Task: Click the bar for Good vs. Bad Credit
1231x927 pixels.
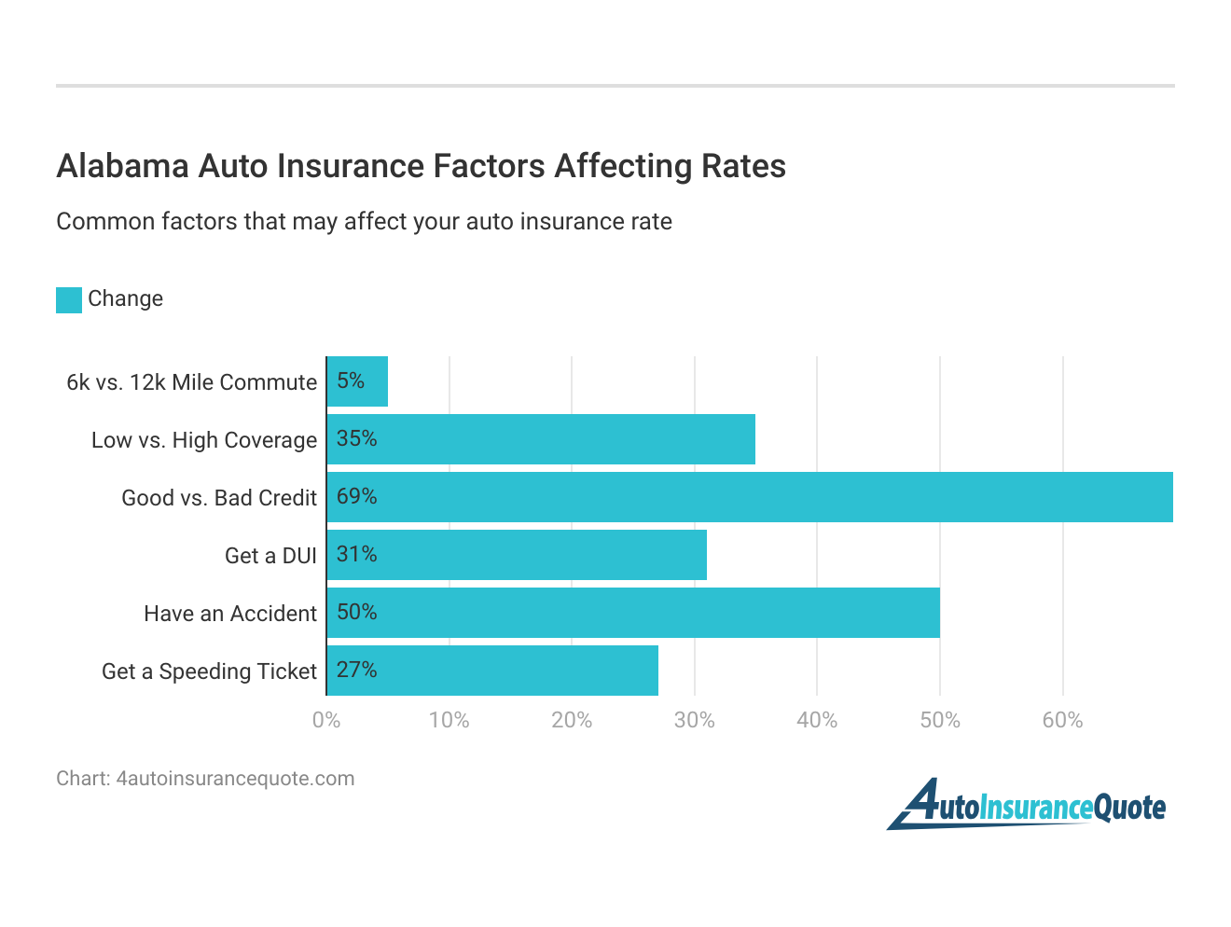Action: [750, 497]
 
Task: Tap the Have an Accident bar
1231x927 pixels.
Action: [633, 613]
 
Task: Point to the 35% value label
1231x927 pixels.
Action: [356, 439]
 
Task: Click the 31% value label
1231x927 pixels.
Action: [356, 555]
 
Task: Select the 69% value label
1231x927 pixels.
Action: [356, 497]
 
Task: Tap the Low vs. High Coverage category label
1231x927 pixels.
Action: [204, 440]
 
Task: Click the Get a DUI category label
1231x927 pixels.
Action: [270, 556]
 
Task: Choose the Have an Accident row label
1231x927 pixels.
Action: [230, 614]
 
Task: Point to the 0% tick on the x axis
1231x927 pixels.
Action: [326, 720]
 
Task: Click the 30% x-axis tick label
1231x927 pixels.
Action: [694, 720]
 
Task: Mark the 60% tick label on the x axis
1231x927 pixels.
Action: [1062, 720]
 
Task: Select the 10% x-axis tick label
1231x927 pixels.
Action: [449, 720]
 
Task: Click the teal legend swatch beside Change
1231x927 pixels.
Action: [69, 299]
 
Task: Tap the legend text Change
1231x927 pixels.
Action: [125, 298]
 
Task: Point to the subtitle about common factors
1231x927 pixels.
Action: [364, 222]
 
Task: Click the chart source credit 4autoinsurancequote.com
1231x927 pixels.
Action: [205, 779]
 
